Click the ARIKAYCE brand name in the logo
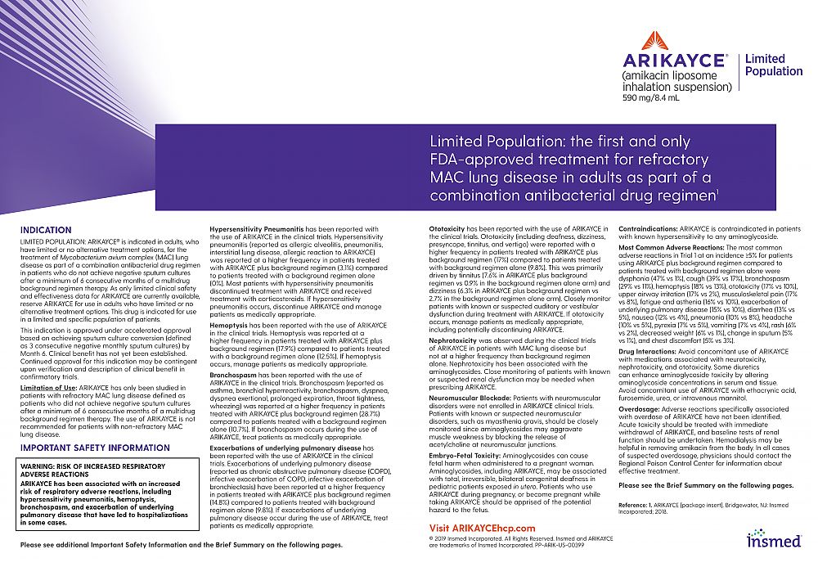click(x=673, y=61)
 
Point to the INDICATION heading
click(x=46, y=231)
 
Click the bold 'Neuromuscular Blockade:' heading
click(x=470, y=398)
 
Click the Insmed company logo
click(x=774, y=538)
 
